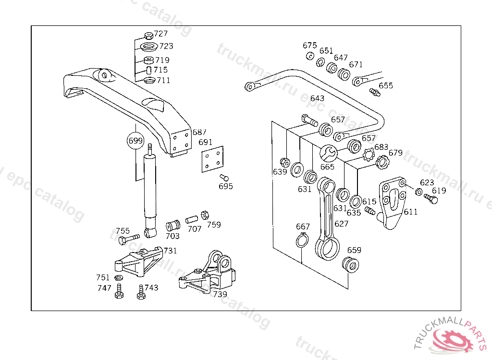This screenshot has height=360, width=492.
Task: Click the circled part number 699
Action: pos(135,141)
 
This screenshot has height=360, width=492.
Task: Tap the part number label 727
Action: pos(161,34)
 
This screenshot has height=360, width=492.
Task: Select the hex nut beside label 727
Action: pos(148,35)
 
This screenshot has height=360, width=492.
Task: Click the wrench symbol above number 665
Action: pos(329,153)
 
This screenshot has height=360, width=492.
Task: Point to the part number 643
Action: pos(317,98)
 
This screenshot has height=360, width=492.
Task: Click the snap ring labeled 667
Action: pos(302,240)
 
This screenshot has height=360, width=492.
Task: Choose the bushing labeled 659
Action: pos(350,264)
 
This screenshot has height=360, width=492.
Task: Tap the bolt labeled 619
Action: pos(431,200)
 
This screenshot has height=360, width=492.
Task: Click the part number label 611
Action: pos(410,212)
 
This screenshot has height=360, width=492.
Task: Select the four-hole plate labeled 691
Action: pos(212,159)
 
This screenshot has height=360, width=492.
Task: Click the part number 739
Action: pos(220,294)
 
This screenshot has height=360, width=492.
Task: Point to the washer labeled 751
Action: pos(118,278)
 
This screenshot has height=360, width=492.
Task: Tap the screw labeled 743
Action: pos(141,292)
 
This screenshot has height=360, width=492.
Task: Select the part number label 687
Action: pos(199,132)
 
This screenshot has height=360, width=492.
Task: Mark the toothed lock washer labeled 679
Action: pos(382,162)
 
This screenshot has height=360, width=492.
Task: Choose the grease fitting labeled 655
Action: pos(374,91)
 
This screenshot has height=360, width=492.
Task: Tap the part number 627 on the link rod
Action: pos(342,224)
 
